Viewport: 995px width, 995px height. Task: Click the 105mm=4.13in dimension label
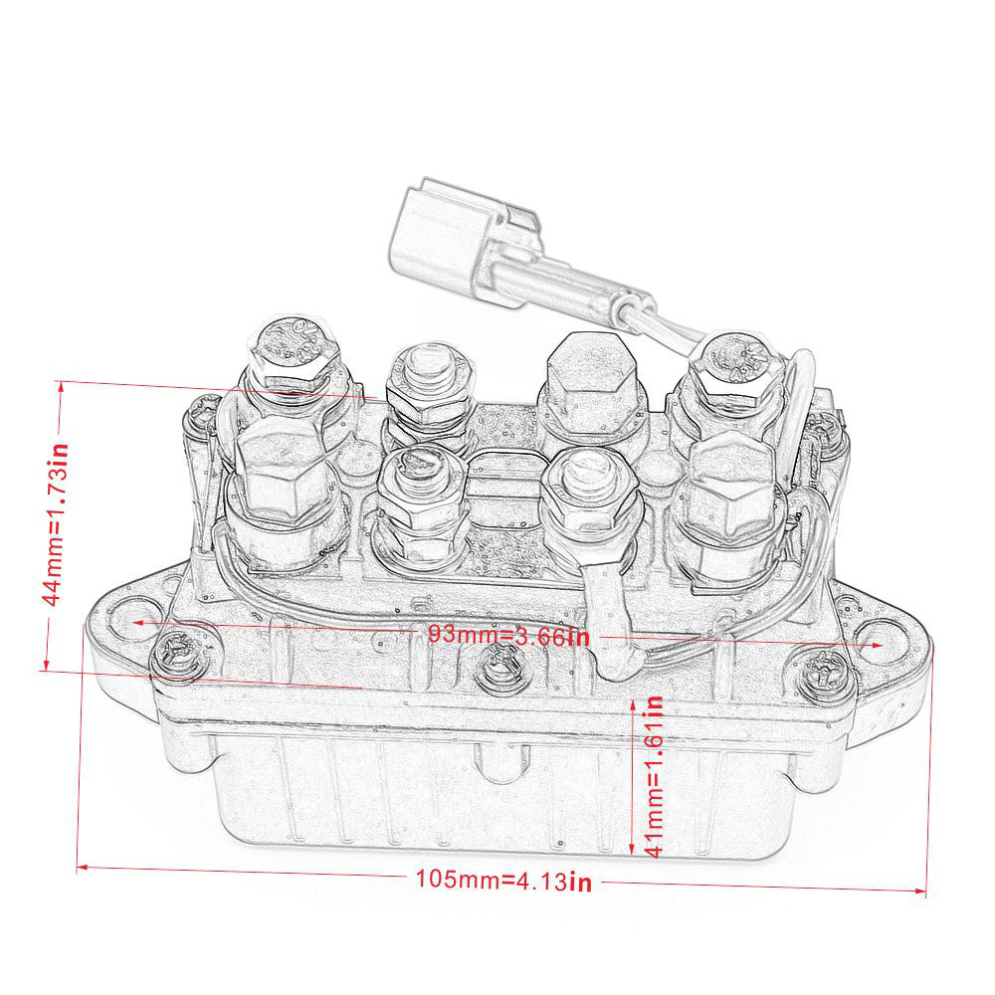503,881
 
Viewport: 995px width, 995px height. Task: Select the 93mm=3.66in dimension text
508,635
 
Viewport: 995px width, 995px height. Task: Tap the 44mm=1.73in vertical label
56,524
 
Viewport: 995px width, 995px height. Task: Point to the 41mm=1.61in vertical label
655,776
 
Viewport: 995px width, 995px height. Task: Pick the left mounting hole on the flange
130,622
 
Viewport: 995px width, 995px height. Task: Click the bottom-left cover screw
178,652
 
